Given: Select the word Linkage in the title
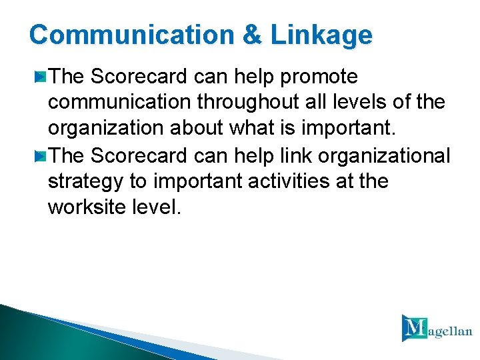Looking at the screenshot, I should (x=321, y=35).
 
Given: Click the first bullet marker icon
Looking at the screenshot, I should (x=41, y=78).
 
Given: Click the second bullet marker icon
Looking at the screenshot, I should (x=41, y=156).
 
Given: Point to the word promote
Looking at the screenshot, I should (x=320, y=77).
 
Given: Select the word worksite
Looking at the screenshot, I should (x=87, y=207).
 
